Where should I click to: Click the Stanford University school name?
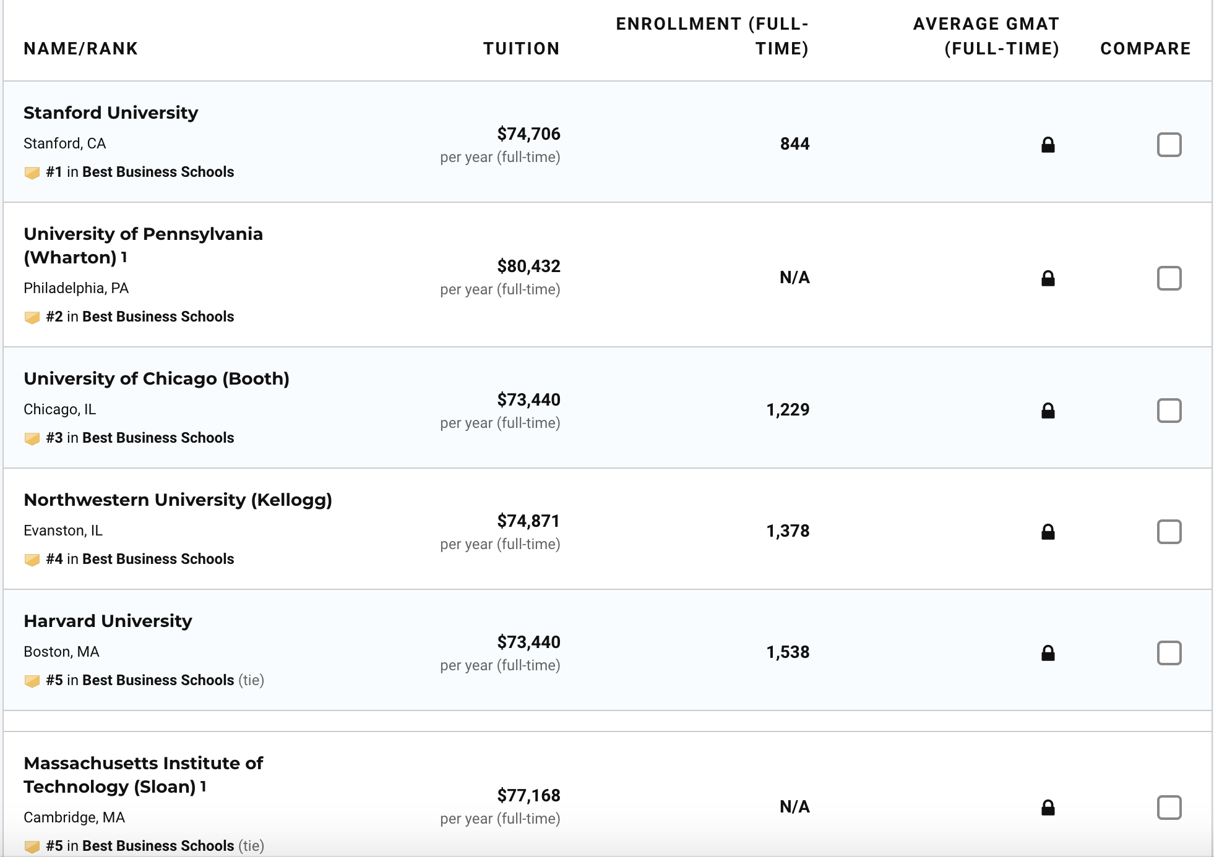click(x=111, y=113)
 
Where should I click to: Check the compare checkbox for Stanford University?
click(x=1169, y=145)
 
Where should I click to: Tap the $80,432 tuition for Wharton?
click(x=528, y=266)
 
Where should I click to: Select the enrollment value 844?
click(x=794, y=144)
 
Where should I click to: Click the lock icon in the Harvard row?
click(x=1048, y=653)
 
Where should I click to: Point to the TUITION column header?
click(x=521, y=49)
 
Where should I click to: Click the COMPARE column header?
click(x=1145, y=49)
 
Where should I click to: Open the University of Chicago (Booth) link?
click(x=157, y=379)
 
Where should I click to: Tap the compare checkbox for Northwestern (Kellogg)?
click(x=1169, y=532)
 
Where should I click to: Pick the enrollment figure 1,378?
click(x=788, y=531)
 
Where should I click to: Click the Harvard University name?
click(x=108, y=621)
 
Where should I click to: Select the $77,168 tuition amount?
click(x=528, y=796)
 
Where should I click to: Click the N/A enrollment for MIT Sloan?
click(x=794, y=807)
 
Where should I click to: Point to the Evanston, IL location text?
click(x=63, y=531)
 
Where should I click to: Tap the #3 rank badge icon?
click(x=32, y=438)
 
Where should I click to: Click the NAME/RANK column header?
click(x=80, y=49)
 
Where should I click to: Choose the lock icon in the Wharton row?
click(x=1048, y=278)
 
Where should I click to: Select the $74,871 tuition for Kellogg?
click(x=528, y=521)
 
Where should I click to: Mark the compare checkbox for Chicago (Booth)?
click(x=1169, y=411)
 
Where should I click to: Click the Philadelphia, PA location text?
click(x=76, y=289)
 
